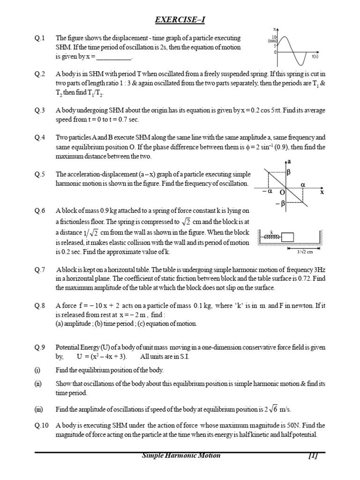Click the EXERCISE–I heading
pos(180,19)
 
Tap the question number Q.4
pos(40,138)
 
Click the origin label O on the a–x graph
pos(282,192)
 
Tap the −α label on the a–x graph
pos(267,192)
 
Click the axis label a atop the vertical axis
pos(289,161)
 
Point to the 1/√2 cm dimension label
pos(305,252)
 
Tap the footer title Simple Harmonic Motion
pos(180,456)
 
